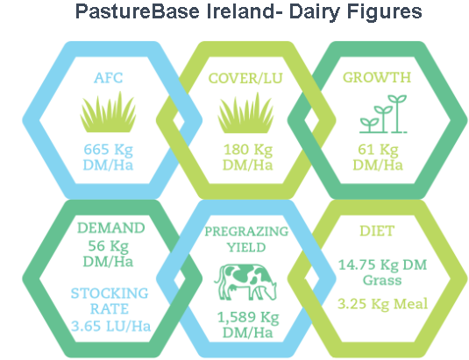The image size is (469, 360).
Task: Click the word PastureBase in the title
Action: (x=138, y=11)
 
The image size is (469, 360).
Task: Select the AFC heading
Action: (x=109, y=78)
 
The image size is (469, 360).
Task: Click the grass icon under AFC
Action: (x=109, y=112)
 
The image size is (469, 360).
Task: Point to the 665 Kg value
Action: (x=109, y=150)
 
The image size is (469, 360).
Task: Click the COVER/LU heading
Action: (x=245, y=79)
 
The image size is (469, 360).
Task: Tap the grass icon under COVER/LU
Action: (x=245, y=113)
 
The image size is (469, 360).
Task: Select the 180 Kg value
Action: (x=248, y=150)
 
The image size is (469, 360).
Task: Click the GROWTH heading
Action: (x=377, y=77)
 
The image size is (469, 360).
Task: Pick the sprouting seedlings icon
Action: (x=383, y=114)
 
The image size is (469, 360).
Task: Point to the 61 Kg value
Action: (x=378, y=150)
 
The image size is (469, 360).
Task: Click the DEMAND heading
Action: (x=111, y=228)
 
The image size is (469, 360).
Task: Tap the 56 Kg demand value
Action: (x=109, y=246)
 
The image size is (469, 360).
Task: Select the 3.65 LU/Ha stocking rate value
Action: (x=111, y=326)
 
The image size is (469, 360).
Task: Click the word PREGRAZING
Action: (x=246, y=231)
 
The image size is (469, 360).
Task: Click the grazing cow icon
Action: (x=245, y=282)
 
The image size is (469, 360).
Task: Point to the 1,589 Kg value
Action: (x=248, y=318)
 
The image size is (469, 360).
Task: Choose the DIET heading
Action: (x=377, y=231)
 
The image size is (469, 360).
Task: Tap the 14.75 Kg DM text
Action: (x=382, y=265)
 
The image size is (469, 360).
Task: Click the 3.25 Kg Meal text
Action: (x=382, y=304)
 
